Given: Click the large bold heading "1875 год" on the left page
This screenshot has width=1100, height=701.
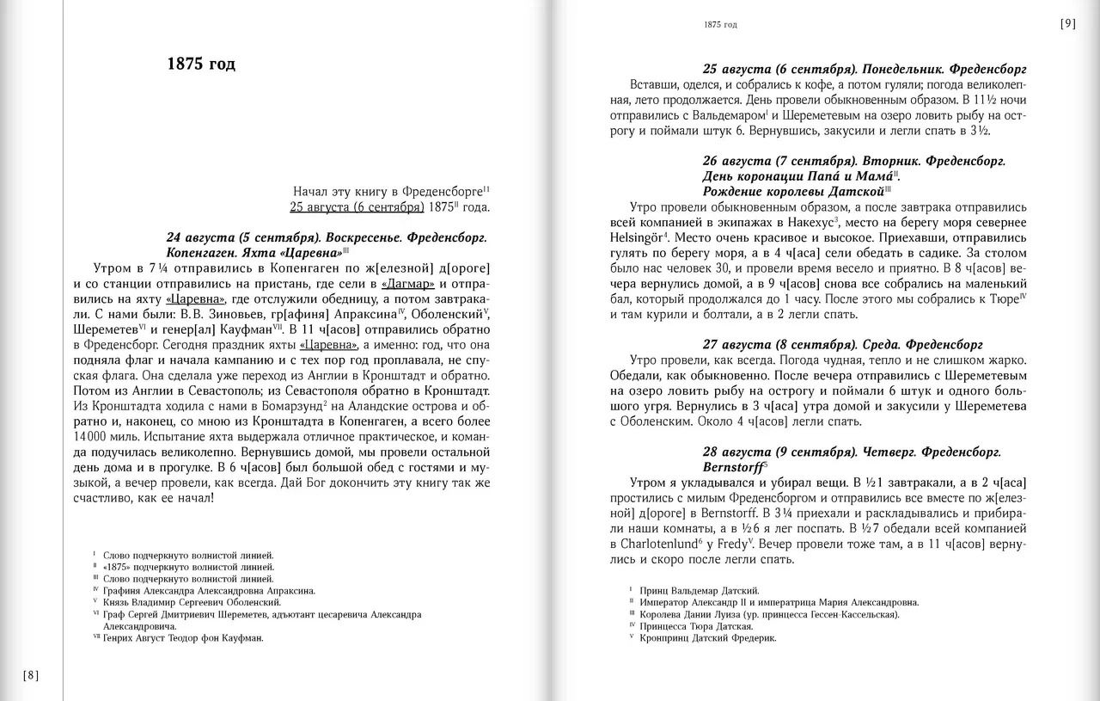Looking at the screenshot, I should pyautogui.click(x=201, y=65).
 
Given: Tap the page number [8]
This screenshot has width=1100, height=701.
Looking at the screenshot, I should pyautogui.click(x=30, y=674).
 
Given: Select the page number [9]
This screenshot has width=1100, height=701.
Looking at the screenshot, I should pyautogui.click(x=1067, y=24).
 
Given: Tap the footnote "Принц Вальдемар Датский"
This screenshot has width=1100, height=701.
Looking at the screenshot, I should pyautogui.click(x=700, y=591).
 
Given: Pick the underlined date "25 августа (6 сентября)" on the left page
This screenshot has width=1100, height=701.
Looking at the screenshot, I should pyautogui.click(x=357, y=206).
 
